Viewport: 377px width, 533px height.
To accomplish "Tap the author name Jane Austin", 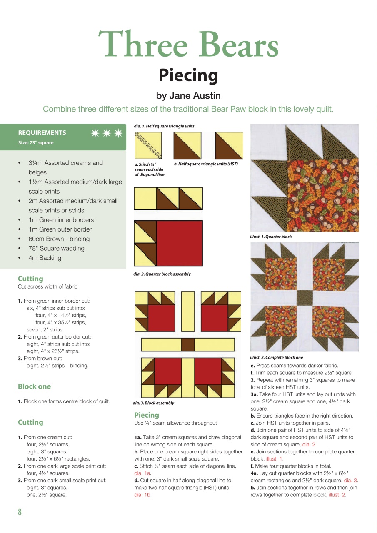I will [x=188, y=96].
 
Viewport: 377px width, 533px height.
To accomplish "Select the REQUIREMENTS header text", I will [x=42, y=133].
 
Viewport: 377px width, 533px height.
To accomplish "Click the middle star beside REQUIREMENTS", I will [x=107, y=133].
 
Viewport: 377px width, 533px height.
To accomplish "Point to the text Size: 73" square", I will [x=36, y=143].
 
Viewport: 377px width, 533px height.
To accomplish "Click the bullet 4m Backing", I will [x=45, y=258].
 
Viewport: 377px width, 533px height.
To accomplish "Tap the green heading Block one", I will [x=34, y=386].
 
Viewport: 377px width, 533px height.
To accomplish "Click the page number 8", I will [x=20, y=512].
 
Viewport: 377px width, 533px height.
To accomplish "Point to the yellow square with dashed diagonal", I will [x=148, y=146].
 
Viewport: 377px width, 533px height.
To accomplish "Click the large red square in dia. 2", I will [x=180, y=243].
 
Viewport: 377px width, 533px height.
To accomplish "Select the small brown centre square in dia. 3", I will [x=188, y=344].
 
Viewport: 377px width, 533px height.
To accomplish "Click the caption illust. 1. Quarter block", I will [x=271, y=237].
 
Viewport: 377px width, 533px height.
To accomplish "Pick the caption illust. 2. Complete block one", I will [x=276, y=357].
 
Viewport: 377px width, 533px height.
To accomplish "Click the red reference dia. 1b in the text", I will [x=142, y=495].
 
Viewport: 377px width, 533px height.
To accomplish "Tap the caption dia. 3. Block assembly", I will [x=153, y=403].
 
